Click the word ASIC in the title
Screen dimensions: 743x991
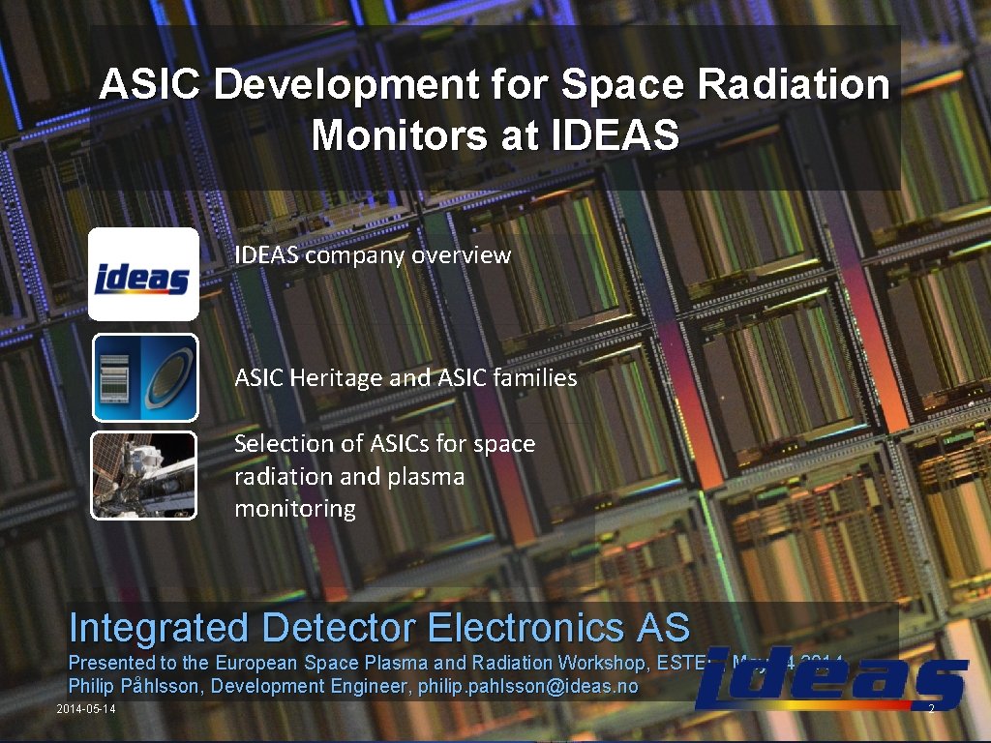pyautogui.click(x=150, y=85)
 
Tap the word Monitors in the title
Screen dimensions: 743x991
pyautogui.click(x=400, y=136)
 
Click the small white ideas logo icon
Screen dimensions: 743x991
pyautogui.click(x=143, y=274)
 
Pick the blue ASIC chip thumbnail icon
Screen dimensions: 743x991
pyautogui.click(x=145, y=377)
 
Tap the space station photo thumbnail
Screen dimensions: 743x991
pyautogui.click(x=143, y=475)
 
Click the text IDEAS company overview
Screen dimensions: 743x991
pyautogui.click(x=372, y=255)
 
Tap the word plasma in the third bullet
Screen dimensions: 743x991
pyautogui.click(x=426, y=476)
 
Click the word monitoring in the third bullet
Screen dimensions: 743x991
pyautogui.click(x=295, y=508)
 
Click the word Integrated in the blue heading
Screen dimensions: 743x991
pyautogui.click(x=159, y=628)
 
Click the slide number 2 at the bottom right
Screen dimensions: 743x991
pyautogui.click(x=930, y=711)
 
